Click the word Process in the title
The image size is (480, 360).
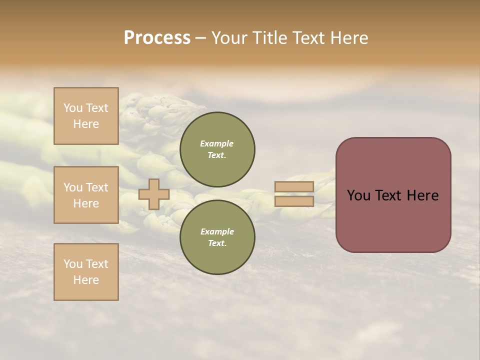tap(157, 38)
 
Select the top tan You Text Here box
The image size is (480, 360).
tap(86, 116)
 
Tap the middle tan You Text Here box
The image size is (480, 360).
tap(86, 195)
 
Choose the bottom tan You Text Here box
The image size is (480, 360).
tap(86, 271)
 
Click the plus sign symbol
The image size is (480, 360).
tap(154, 194)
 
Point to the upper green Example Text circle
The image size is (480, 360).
tap(217, 149)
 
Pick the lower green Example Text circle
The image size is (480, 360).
tap(217, 237)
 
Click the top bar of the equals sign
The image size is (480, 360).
tap(294, 187)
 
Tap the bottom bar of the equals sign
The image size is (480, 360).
tap(294, 201)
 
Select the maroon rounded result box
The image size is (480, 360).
tap(393, 195)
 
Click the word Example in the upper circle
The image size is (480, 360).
tap(217, 143)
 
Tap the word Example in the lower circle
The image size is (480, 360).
tap(217, 231)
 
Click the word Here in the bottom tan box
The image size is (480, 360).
tap(86, 280)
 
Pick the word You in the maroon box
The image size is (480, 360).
tap(358, 195)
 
